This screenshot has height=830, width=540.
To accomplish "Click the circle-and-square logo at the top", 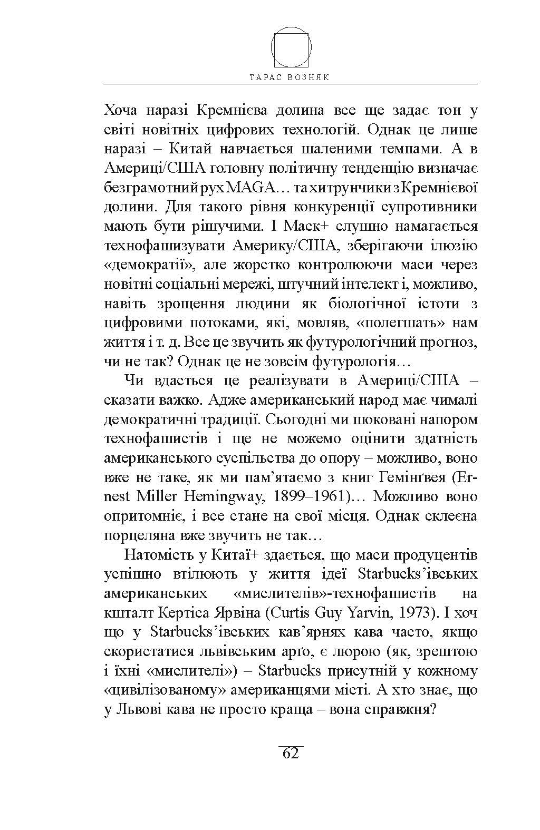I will (x=291, y=46).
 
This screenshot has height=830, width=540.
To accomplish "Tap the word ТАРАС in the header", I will (x=267, y=77).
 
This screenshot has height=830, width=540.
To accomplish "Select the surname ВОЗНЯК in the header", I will (x=310, y=77).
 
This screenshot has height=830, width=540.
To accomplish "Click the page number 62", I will (x=291, y=753).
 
